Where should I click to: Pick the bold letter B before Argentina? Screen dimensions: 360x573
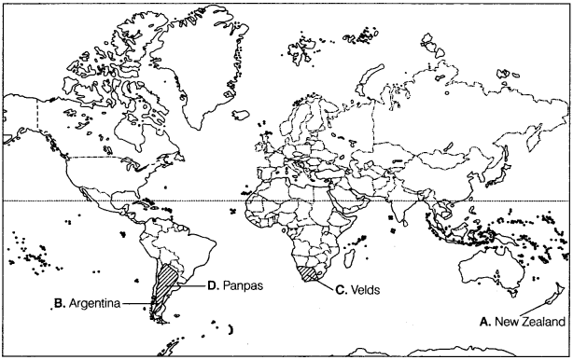click(58, 303)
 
